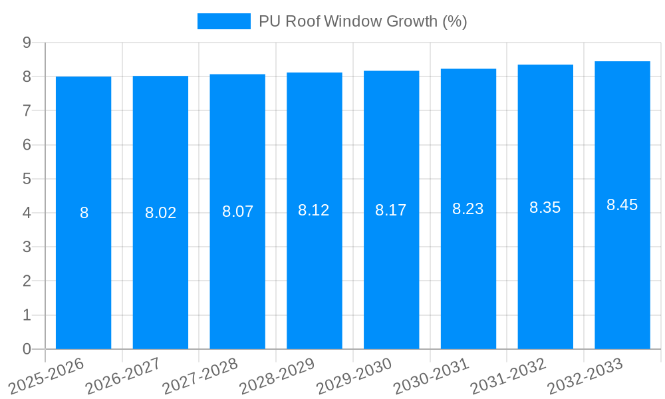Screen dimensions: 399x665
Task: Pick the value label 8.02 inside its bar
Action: pyautogui.click(x=160, y=213)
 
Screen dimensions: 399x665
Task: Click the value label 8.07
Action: pyautogui.click(x=237, y=211)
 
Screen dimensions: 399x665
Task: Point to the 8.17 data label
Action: pyautogui.click(x=391, y=210)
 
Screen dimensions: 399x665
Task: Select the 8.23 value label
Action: pyautogui.click(x=468, y=209)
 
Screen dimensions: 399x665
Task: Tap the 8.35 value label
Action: pyautogui.click(x=545, y=207)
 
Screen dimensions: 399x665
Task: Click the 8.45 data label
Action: pyautogui.click(x=622, y=205)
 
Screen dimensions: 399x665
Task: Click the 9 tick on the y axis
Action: pyautogui.click(x=27, y=43)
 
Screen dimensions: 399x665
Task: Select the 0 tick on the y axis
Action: pyautogui.click(x=27, y=349)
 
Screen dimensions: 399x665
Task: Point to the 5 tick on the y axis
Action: pyautogui.click(x=27, y=179)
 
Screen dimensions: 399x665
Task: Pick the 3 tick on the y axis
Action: pyautogui.click(x=27, y=247)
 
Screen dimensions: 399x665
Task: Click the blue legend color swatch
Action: pyautogui.click(x=224, y=21)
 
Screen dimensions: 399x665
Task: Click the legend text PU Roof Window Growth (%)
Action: pyautogui.click(x=363, y=21)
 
